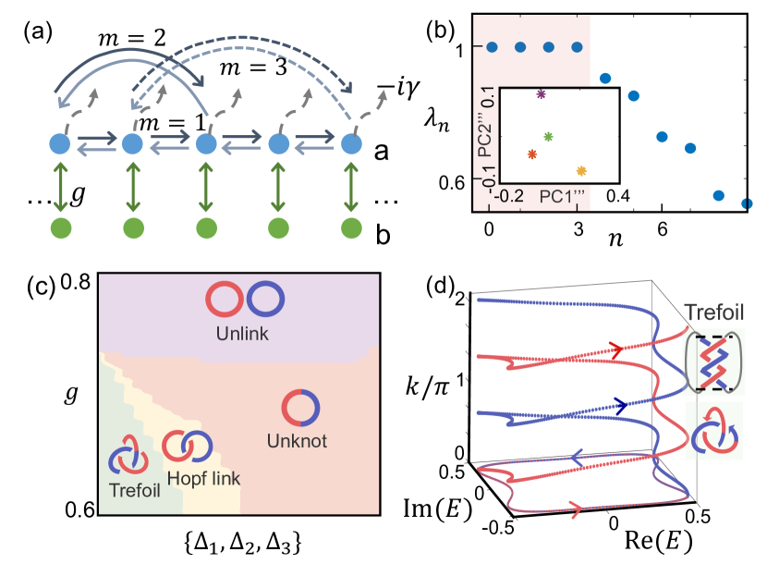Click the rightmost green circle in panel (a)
point(351,227)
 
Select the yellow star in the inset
point(581,171)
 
